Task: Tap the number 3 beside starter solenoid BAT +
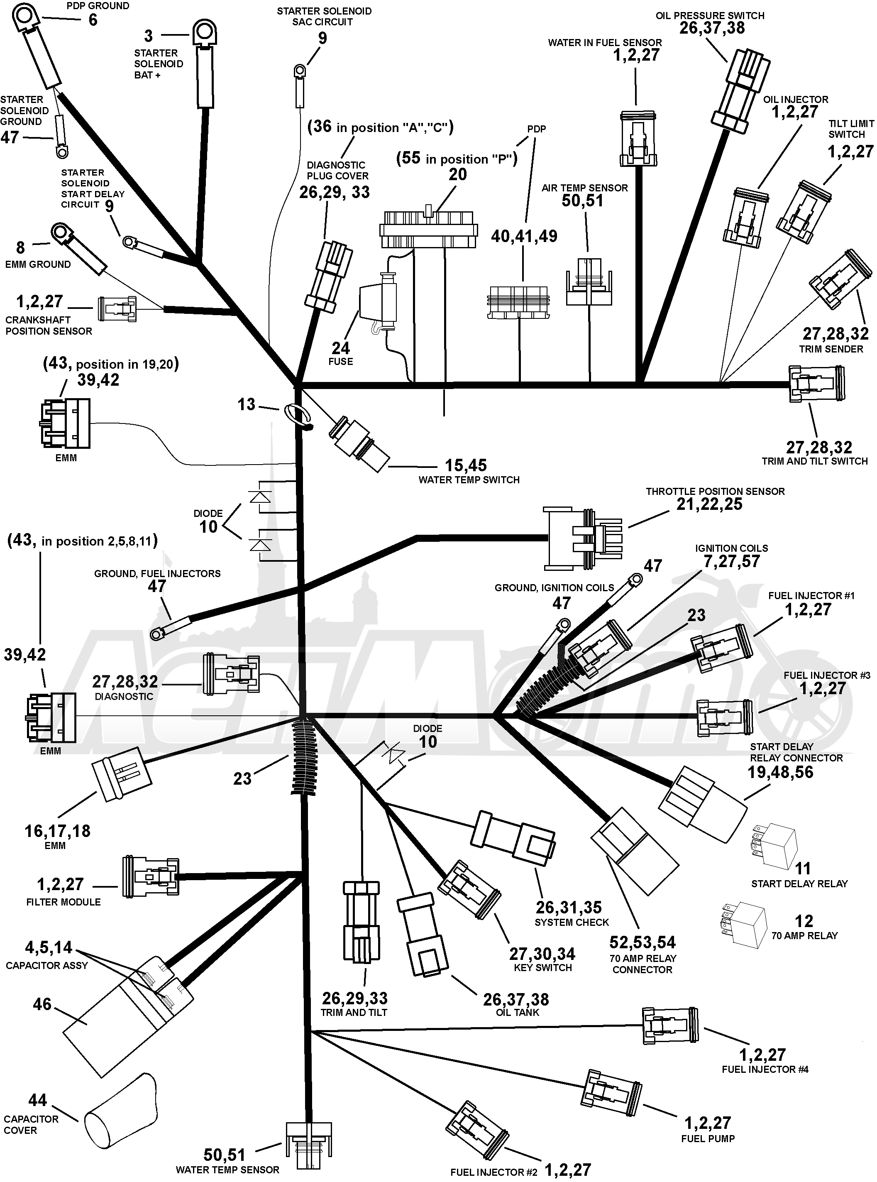149,36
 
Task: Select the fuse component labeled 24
378,303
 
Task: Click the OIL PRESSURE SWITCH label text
710,15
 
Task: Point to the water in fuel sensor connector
638,139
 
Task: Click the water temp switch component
359,444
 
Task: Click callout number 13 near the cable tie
246,405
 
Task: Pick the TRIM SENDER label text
831,349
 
